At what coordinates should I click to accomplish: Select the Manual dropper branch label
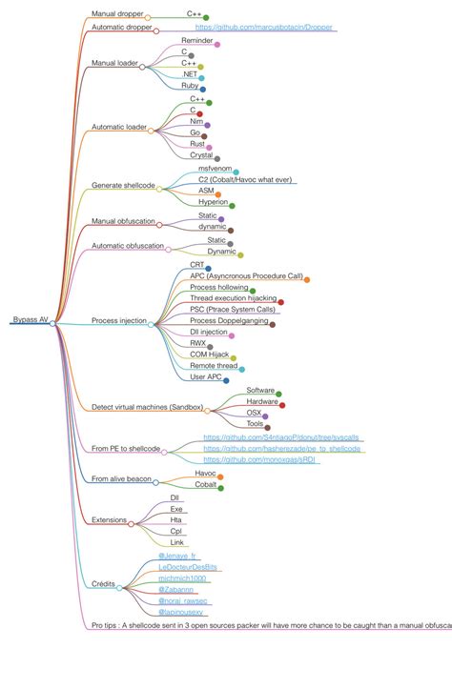point(116,14)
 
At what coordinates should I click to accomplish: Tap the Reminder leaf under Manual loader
point(196,41)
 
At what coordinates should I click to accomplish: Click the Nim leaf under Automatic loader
point(196,122)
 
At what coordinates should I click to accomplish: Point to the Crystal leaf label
point(200,154)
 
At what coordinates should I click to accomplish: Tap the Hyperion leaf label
point(213,201)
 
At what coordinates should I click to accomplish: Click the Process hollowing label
point(218,286)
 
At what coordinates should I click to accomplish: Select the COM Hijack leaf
point(209,355)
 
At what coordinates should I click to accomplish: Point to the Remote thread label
point(214,365)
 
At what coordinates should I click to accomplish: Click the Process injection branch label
point(119,321)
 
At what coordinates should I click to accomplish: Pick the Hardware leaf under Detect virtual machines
point(262,401)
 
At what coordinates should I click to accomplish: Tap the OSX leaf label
point(254,413)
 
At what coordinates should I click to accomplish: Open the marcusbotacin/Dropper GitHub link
point(264,28)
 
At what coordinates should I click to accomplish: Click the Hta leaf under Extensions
point(175,519)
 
